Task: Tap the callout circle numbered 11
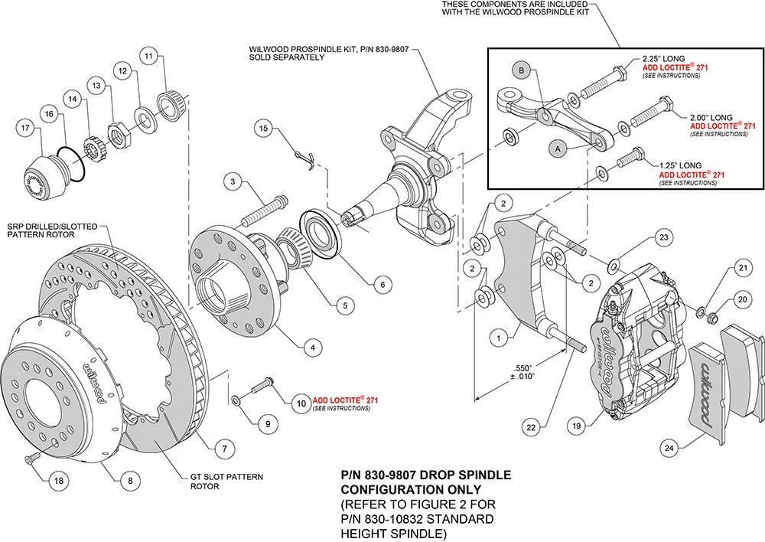coord(149,55)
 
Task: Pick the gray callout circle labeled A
coord(558,151)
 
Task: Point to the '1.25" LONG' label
coord(680,165)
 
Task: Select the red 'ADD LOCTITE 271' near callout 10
coord(345,400)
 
